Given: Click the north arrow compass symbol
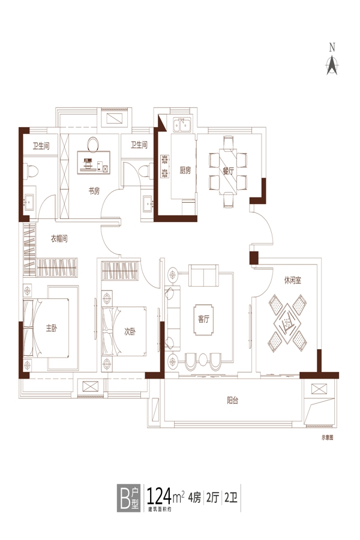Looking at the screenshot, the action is [332, 59].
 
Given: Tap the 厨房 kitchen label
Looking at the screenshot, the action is [185, 170].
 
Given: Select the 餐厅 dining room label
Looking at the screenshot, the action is [228, 170].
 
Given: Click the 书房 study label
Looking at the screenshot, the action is [94, 191].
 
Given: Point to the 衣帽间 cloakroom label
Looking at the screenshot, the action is [59, 238].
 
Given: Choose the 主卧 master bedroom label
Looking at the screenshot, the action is [52, 328].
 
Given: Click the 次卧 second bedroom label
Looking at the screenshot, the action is [130, 332].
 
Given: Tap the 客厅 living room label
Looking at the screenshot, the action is [203, 319].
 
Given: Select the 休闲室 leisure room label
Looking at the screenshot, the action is [292, 280].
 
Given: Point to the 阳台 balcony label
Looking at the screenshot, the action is [233, 400].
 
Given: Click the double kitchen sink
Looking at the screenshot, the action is [182, 125].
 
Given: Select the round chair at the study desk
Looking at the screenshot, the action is [92, 145].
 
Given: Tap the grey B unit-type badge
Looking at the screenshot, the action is [128, 498].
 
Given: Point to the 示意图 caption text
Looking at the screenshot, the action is [327, 438].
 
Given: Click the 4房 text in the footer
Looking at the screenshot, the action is [194, 498].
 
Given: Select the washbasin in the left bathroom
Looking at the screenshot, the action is [29, 200].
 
